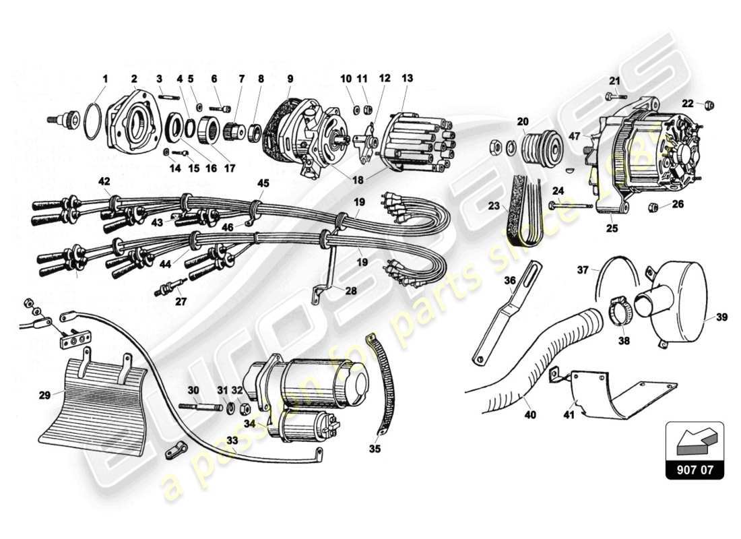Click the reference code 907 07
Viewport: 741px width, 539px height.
(x=694, y=470)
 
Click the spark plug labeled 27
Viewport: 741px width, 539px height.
(x=169, y=288)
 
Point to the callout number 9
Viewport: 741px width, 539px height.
(x=290, y=78)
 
